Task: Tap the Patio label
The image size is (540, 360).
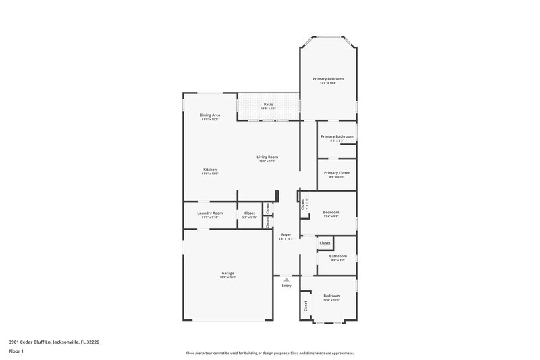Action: click(268, 105)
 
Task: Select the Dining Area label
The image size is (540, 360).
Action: click(210, 115)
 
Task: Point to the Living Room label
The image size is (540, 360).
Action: click(267, 157)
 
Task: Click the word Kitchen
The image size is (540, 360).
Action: click(210, 169)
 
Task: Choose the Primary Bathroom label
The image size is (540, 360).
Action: click(337, 136)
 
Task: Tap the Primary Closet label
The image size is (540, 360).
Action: click(337, 173)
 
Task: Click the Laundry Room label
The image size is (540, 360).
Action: click(210, 213)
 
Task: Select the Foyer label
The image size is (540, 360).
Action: click(286, 234)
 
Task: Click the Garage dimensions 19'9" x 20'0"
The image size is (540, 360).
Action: click(227, 277)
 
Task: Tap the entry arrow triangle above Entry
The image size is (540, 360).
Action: click(286, 278)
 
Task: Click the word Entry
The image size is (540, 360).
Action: click(286, 286)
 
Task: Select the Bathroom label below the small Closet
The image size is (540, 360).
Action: click(337, 256)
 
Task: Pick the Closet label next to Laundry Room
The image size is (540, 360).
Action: click(250, 213)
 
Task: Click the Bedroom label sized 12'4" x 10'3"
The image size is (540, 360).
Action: click(331, 296)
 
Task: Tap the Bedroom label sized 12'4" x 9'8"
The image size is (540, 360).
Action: click(331, 212)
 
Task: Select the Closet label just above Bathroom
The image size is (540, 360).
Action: click(325, 242)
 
